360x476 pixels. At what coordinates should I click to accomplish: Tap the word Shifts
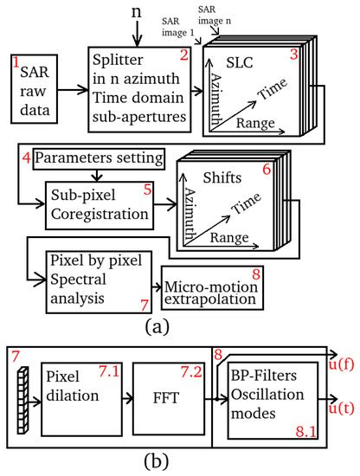tap(228, 177)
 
